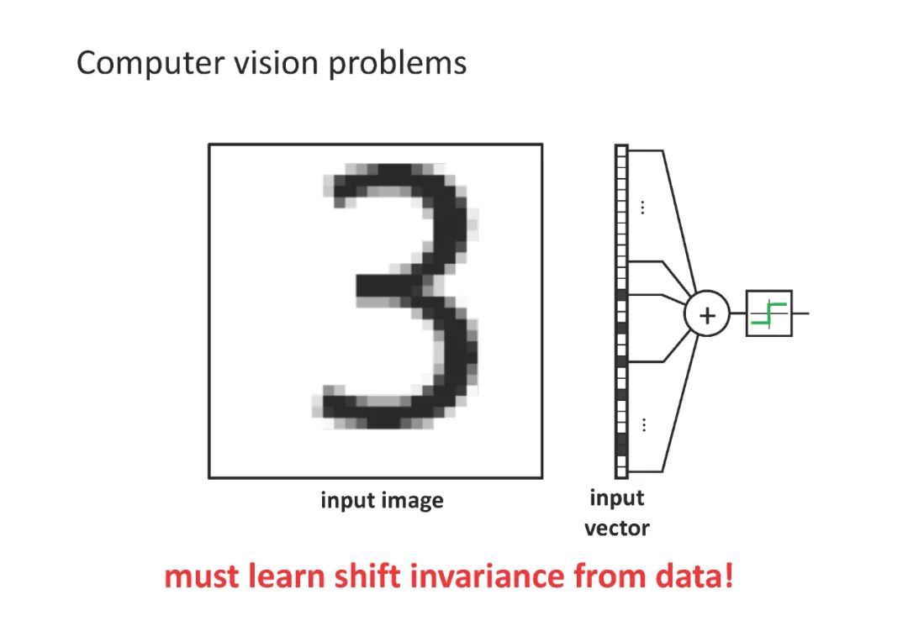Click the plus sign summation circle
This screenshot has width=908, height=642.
707,315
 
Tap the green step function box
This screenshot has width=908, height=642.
768,313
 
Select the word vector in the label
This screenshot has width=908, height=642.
617,529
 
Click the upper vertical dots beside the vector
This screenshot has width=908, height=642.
643,207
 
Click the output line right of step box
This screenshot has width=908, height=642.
800,313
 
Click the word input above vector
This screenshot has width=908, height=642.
617,498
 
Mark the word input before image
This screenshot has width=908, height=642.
346,502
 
